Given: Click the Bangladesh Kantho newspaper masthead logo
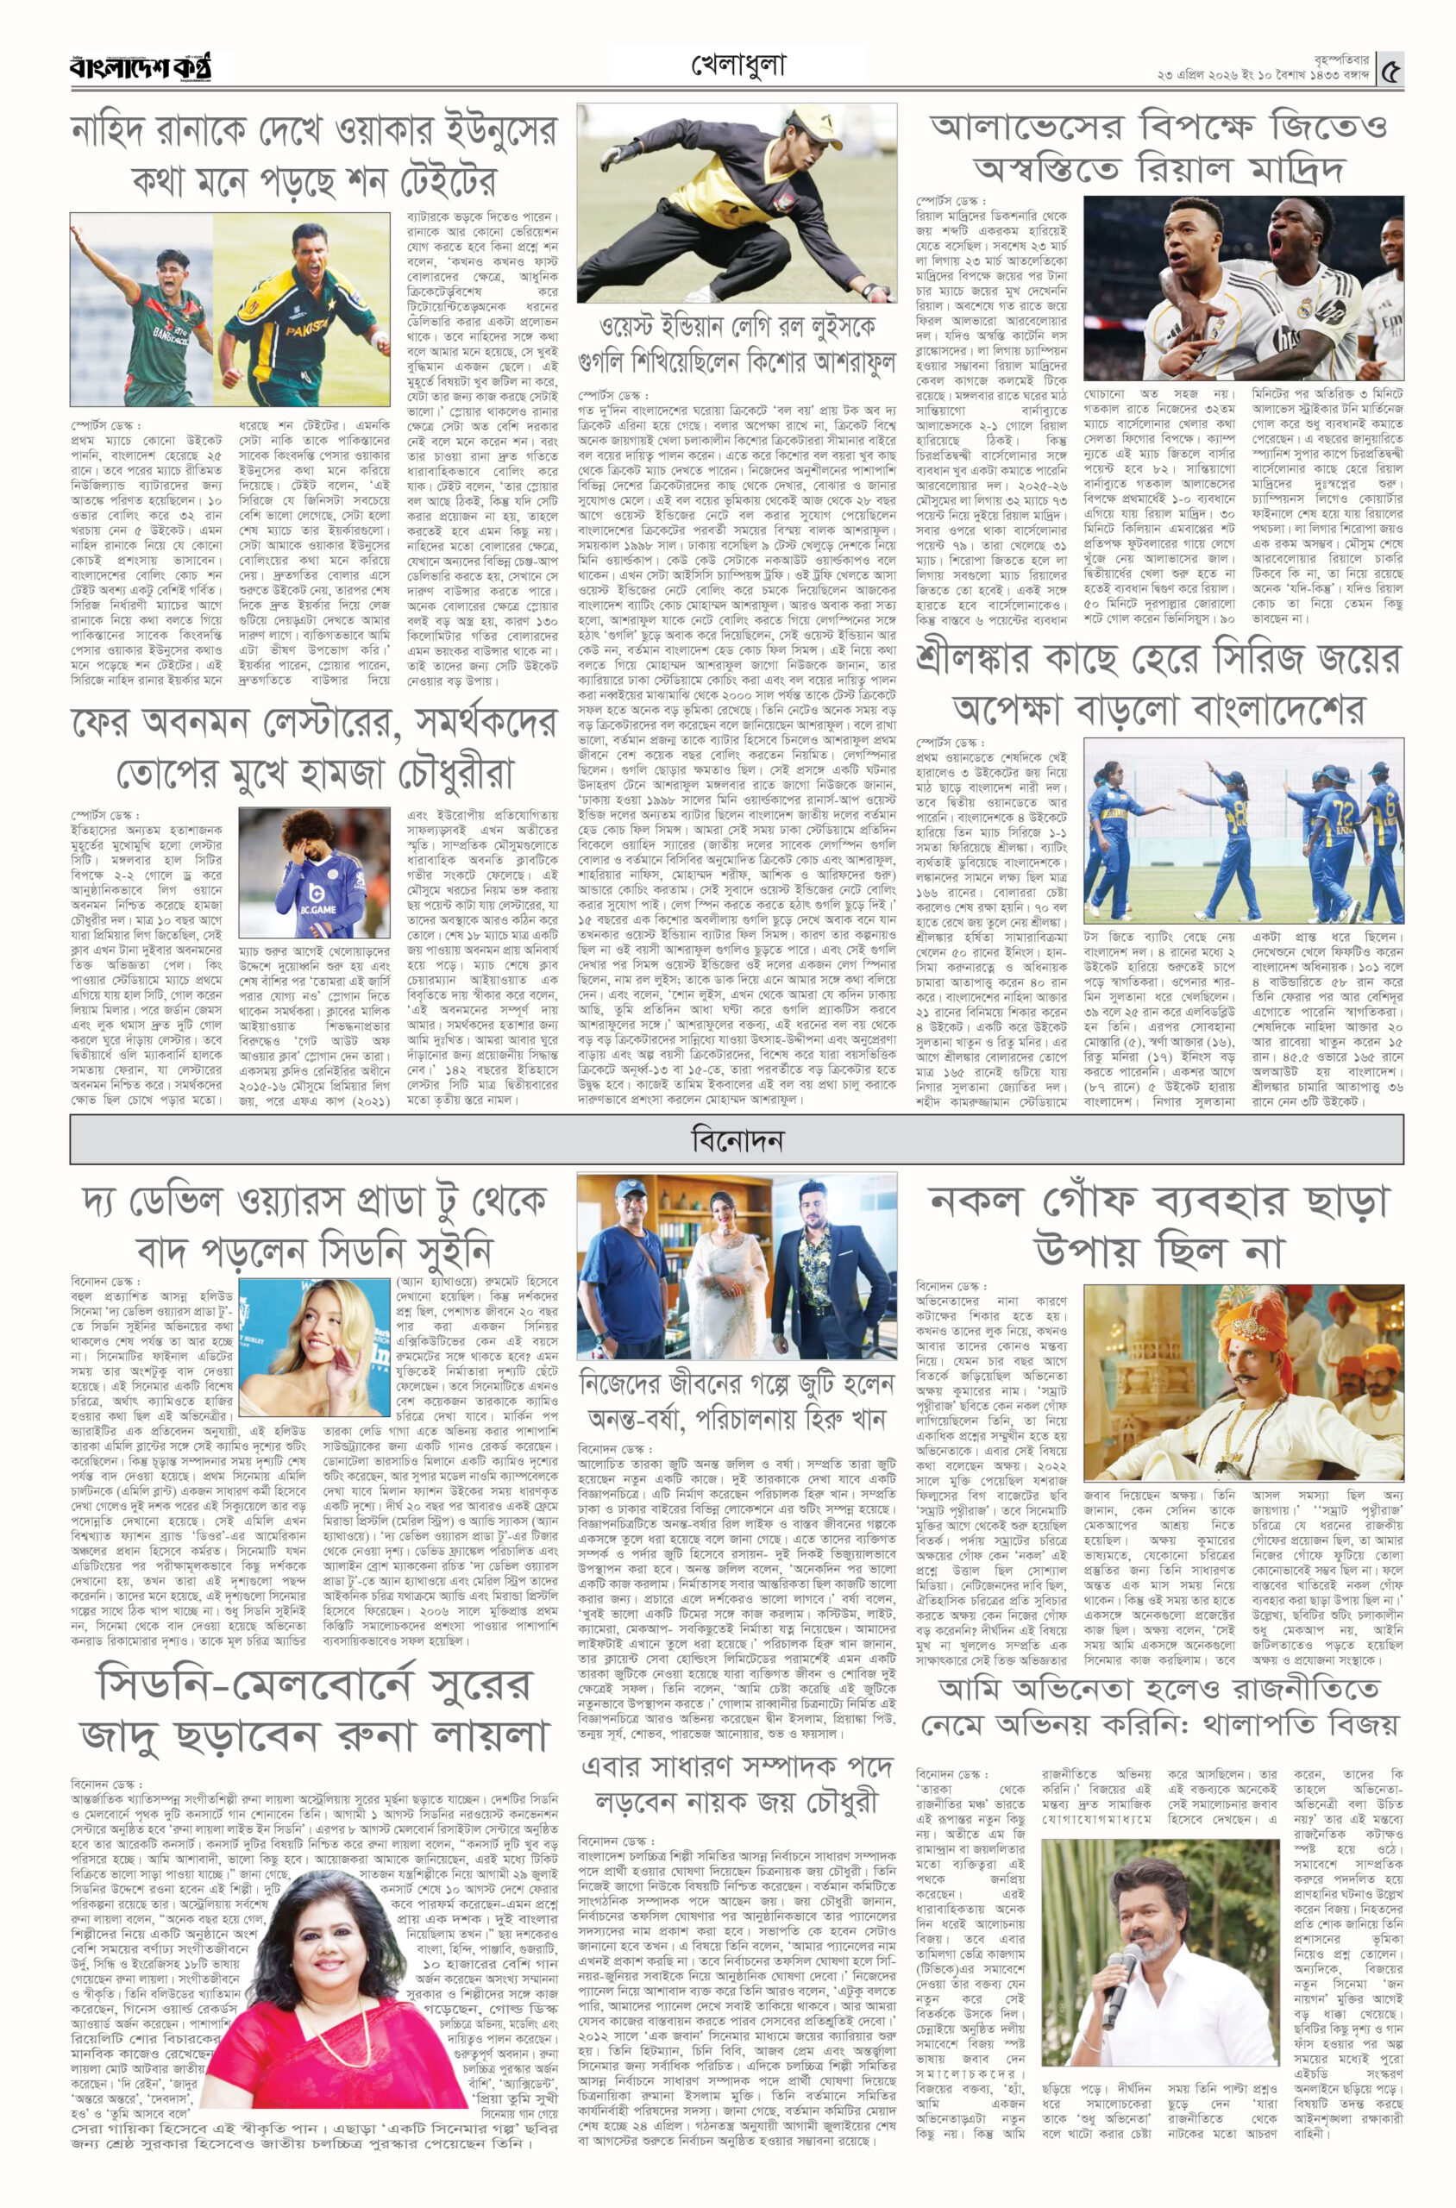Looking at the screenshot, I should click(141, 67).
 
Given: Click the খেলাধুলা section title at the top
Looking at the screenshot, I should click(738, 65).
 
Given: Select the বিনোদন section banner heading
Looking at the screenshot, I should click(737, 1139).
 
